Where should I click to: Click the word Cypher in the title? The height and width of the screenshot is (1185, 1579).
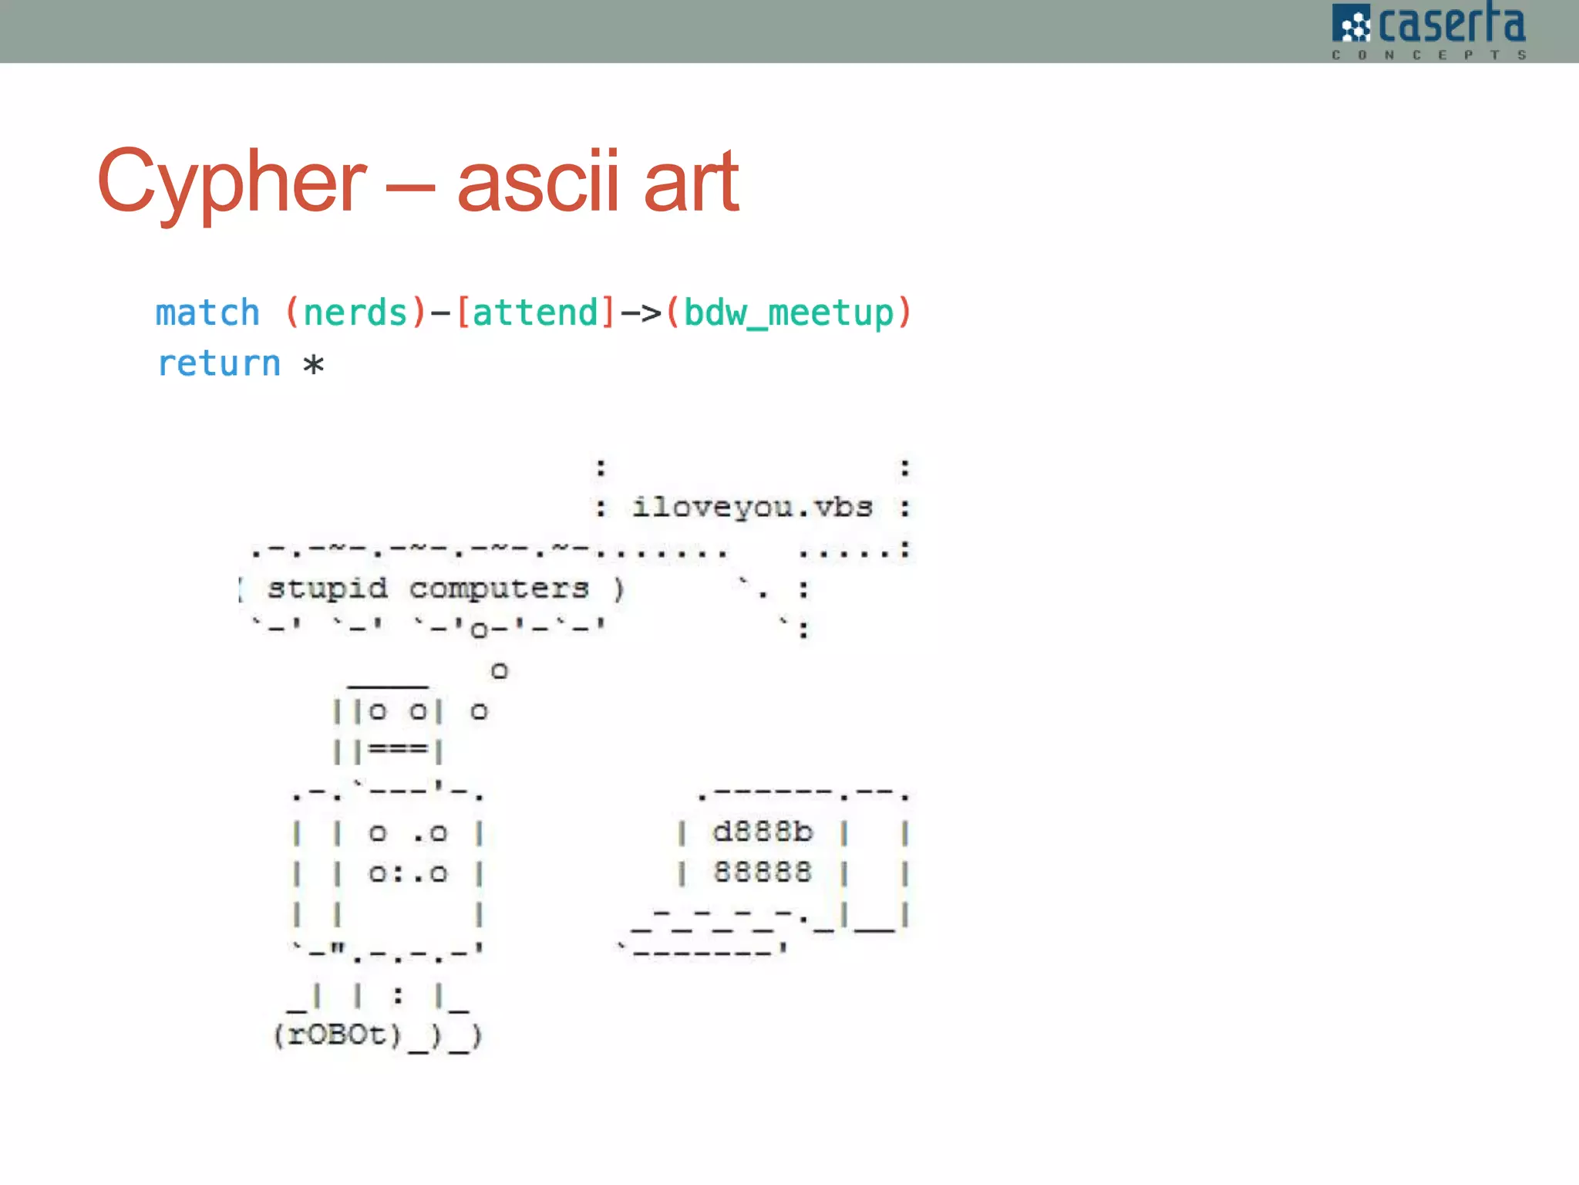tap(231, 182)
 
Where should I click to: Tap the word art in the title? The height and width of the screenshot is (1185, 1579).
tap(691, 182)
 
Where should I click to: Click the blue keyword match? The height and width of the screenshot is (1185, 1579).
tap(207, 313)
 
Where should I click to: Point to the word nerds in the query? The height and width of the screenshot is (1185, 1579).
tap(355, 313)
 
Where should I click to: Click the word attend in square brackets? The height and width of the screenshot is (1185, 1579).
tap(535, 313)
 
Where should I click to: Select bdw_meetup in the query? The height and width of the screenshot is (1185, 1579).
tap(788, 313)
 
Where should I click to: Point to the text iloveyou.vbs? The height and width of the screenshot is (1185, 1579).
tap(752, 508)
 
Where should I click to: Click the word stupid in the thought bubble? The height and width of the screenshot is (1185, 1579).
tap(327, 589)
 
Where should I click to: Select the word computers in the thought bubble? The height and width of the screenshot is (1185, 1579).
tap(499, 589)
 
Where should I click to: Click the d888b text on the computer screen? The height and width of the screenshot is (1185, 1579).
tap(763, 832)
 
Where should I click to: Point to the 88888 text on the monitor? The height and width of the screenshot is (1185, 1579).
tap(763, 873)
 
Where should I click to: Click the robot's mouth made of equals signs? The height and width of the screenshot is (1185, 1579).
tap(398, 749)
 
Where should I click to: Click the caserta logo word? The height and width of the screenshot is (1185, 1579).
tap(1451, 25)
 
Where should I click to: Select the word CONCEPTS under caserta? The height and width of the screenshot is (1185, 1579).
tap(1429, 55)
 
